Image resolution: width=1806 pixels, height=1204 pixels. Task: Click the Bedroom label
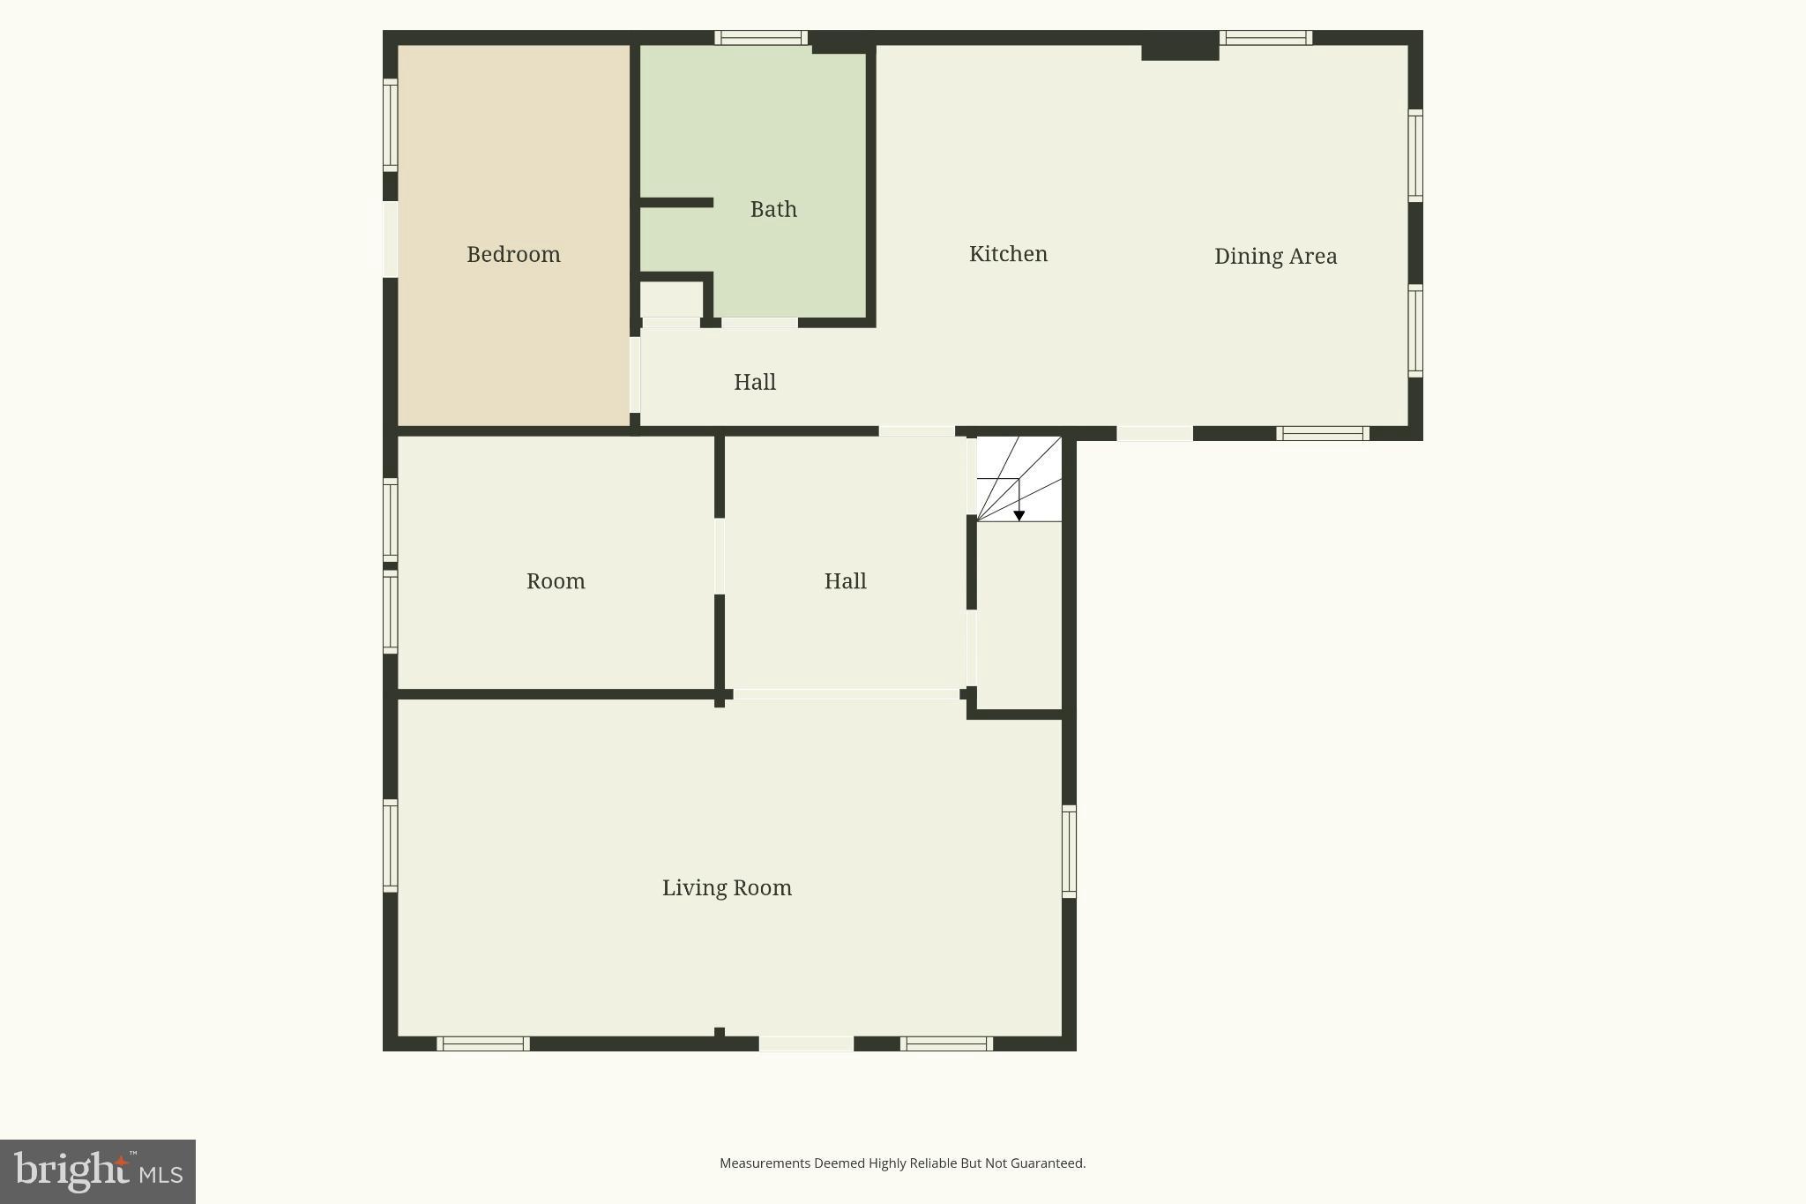[x=513, y=254]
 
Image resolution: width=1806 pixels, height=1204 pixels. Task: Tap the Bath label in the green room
[x=773, y=209]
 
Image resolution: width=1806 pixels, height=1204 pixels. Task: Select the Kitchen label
[x=1008, y=254]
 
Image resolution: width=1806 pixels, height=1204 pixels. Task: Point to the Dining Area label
[x=1275, y=256]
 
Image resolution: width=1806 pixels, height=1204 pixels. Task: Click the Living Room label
[x=727, y=887]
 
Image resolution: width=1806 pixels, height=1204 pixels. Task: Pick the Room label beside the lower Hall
[x=556, y=581]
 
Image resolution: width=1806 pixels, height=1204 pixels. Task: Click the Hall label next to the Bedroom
[x=755, y=382]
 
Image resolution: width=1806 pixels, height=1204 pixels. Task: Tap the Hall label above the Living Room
[x=845, y=581]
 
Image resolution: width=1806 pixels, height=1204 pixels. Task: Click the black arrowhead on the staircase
[x=1019, y=516]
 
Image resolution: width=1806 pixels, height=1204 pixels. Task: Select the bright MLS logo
[x=98, y=1171]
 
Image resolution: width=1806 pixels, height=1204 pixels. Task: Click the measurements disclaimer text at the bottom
[x=902, y=1163]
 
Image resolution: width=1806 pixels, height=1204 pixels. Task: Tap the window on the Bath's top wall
[x=761, y=38]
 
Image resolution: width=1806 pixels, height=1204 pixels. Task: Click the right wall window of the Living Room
[x=1069, y=851]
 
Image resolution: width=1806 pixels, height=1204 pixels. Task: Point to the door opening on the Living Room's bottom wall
[x=806, y=1044]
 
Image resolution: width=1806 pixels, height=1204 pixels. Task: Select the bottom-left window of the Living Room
[x=483, y=1044]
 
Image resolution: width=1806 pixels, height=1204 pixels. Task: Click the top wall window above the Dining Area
[x=1265, y=38]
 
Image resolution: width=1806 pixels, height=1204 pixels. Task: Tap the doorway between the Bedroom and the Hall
[x=635, y=375]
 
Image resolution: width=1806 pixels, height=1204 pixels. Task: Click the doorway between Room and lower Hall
[x=720, y=556]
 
